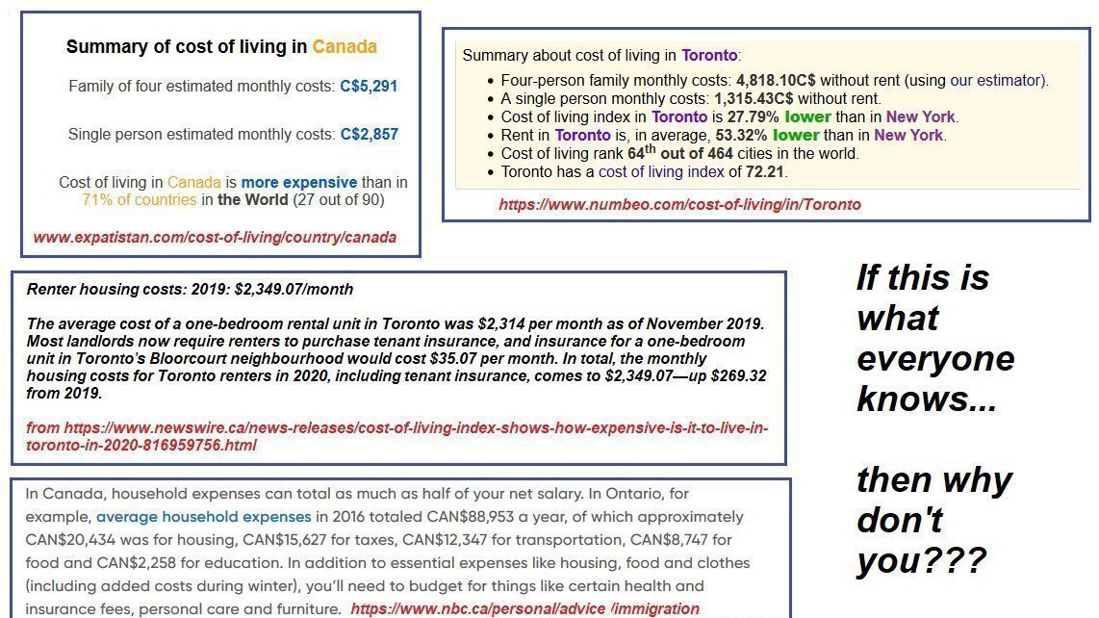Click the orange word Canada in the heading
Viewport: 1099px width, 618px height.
tap(345, 46)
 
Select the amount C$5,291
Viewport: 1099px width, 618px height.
tap(369, 87)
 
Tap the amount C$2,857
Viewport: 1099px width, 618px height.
tap(369, 135)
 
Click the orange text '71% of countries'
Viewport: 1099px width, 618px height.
tap(141, 200)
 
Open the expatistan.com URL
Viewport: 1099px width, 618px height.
tap(215, 237)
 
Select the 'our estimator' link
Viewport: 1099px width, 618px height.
tap(997, 81)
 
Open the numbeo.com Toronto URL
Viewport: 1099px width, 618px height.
tap(679, 204)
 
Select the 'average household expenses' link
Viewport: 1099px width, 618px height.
tap(204, 517)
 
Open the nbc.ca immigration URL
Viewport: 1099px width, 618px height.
tap(524, 608)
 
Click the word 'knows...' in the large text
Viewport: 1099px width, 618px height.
tap(926, 399)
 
